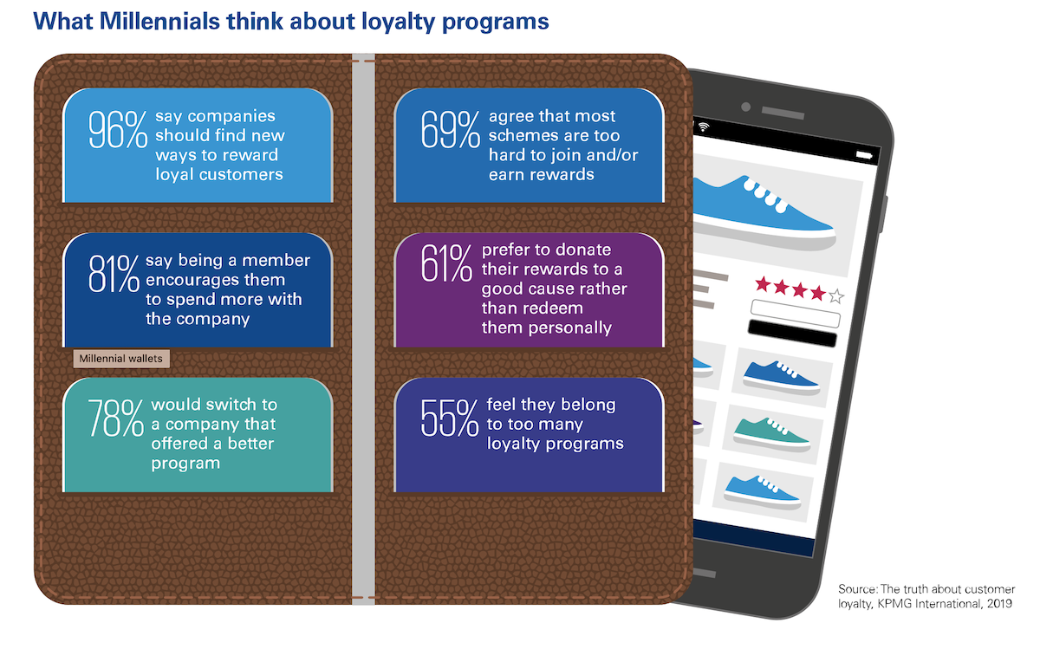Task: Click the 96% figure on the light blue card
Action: click(118, 130)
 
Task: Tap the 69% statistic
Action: click(451, 130)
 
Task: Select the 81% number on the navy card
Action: click(114, 274)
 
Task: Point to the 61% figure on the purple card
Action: click(446, 263)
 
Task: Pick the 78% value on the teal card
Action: click(115, 419)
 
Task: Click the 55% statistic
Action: click(450, 419)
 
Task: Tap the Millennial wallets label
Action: click(121, 359)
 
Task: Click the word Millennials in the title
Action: click(159, 21)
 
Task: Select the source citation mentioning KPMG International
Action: click(926, 596)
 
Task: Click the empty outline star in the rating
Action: click(836, 295)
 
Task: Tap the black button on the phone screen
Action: click(792, 333)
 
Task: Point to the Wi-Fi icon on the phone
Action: click(704, 127)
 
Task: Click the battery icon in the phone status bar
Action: click(864, 155)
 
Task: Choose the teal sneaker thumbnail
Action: click(771, 434)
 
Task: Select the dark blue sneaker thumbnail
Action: click(781, 378)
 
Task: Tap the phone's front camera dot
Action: click(746, 107)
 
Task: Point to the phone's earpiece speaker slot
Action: click(783, 113)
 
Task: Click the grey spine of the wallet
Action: click(363, 328)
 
